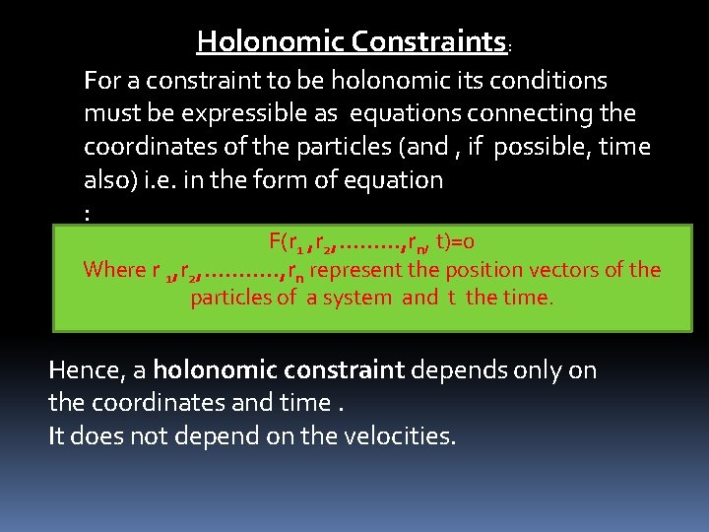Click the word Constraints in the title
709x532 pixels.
[x=428, y=41]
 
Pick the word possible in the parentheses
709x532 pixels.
[x=538, y=147]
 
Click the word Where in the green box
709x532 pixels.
[x=113, y=269]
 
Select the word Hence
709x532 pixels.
[x=83, y=370]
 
